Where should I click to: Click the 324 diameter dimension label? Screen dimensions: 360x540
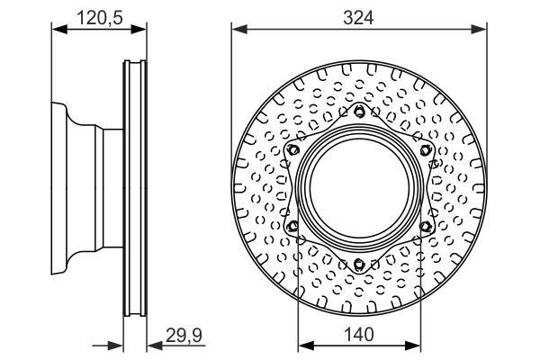359,15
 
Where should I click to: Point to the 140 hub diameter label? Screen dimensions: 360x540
359,333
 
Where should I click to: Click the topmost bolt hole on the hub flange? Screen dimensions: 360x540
359,112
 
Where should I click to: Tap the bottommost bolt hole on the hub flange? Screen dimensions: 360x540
359,263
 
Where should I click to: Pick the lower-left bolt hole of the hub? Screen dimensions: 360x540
293,225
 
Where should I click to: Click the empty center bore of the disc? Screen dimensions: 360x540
359,187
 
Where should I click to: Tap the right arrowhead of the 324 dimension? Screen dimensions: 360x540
482,29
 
